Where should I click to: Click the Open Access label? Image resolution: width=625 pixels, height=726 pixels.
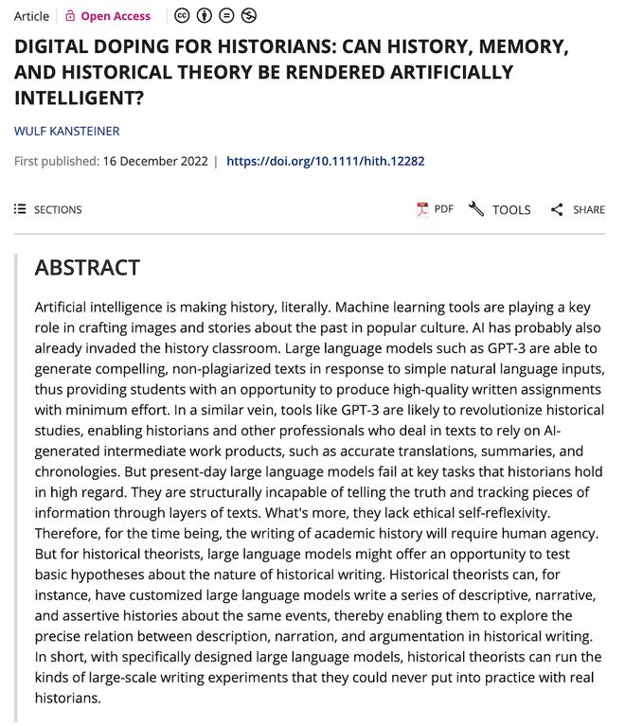116,16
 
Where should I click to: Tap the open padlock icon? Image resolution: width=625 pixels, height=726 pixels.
69,16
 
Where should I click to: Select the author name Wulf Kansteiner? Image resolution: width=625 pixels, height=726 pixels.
66,131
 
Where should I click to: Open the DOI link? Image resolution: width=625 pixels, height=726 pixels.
325,161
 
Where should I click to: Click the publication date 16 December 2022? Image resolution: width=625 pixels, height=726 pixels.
155,161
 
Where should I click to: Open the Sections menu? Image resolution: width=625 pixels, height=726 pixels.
48,209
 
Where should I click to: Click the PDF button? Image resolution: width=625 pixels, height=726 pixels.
436,209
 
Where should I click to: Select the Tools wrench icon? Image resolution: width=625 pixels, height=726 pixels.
476,209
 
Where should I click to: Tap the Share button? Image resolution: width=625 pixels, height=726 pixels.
578,209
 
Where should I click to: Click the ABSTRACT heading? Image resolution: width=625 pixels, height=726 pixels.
87,268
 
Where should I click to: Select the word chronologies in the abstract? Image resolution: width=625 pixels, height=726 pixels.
78,471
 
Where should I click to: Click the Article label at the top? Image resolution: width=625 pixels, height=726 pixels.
31,16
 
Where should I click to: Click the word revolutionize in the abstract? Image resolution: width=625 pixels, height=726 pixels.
371,410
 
